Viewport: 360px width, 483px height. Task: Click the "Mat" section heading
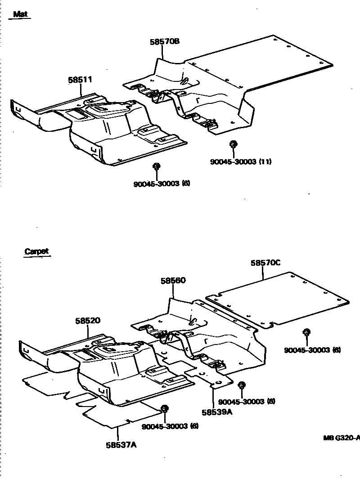coord(20,14)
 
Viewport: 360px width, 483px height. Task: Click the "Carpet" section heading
coord(36,252)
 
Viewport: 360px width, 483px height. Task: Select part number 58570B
coord(165,41)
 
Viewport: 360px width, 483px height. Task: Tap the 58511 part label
coord(80,80)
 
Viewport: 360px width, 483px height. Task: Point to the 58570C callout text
coord(265,263)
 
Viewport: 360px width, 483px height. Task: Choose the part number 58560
coord(173,281)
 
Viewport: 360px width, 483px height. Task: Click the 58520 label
coord(88,321)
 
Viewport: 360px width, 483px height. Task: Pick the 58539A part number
coord(217,412)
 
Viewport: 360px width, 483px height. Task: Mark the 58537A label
coord(121,445)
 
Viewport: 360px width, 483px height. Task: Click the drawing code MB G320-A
coord(341,437)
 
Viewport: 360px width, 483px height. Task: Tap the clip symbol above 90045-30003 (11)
coord(233,144)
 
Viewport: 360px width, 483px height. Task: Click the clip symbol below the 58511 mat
coord(157,166)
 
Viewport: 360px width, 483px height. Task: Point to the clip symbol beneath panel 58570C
coord(306,333)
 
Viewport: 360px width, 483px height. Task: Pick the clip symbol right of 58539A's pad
coord(241,385)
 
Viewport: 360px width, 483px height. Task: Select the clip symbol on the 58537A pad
coord(164,408)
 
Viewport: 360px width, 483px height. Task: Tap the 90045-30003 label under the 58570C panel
coord(312,350)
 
